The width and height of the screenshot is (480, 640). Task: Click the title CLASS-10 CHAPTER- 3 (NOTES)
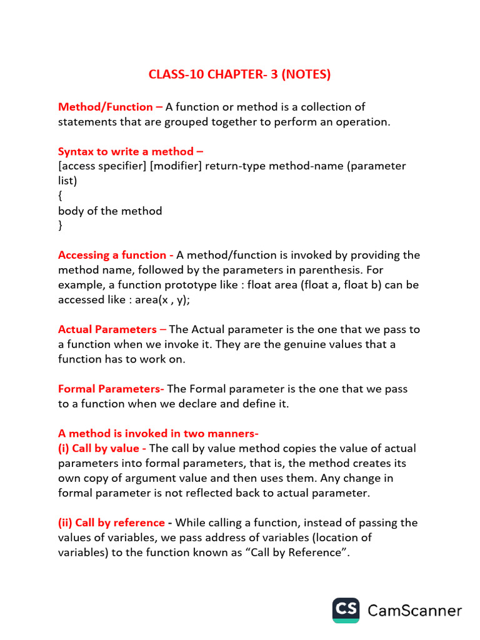[239, 74]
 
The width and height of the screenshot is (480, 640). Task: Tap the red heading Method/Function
[105, 107]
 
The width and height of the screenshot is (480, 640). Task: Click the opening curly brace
[60, 196]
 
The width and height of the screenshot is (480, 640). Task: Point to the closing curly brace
[60, 226]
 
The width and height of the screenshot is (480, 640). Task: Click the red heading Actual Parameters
[107, 329]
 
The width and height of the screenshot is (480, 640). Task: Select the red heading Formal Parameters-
[111, 389]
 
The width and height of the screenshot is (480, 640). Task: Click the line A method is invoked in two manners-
[158, 433]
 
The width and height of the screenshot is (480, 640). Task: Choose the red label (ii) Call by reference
[111, 522]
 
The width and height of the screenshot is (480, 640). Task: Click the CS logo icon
[346, 610]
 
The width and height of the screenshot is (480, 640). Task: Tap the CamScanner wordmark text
[415, 611]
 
